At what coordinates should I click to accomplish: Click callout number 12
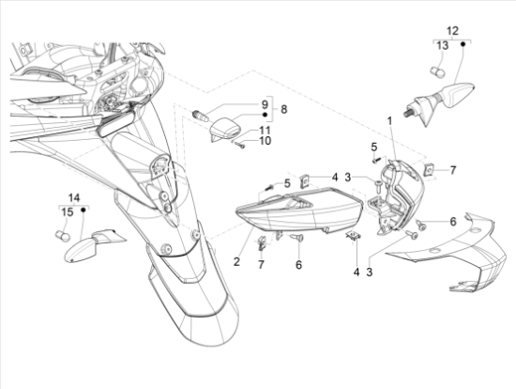[452, 31]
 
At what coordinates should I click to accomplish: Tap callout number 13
[443, 45]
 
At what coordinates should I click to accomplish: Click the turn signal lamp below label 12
[439, 101]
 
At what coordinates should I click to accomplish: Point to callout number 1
[389, 121]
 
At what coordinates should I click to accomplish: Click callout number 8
[283, 109]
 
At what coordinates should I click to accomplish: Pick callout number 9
[265, 105]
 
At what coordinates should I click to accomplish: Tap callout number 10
[266, 141]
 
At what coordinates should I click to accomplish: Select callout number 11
[265, 131]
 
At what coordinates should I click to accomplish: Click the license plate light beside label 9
[224, 129]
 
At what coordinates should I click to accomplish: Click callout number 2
[236, 262]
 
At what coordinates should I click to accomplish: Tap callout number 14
[74, 198]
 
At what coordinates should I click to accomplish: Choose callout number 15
[68, 212]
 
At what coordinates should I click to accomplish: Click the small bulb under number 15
[62, 236]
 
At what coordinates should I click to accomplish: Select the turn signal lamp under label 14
[94, 245]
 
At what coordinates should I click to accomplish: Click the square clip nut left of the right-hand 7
[429, 170]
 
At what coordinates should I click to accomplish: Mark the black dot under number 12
[463, 43]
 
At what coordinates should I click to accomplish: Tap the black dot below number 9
[266, 115]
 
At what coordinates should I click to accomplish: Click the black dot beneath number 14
[83, 210]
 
